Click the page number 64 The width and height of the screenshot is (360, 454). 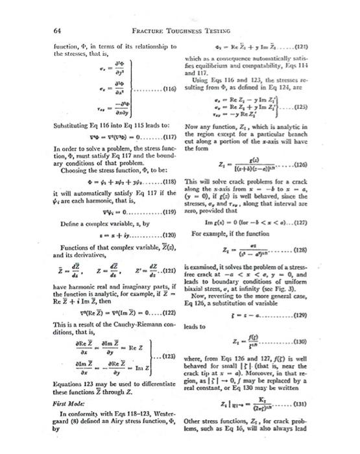[49, 30]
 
